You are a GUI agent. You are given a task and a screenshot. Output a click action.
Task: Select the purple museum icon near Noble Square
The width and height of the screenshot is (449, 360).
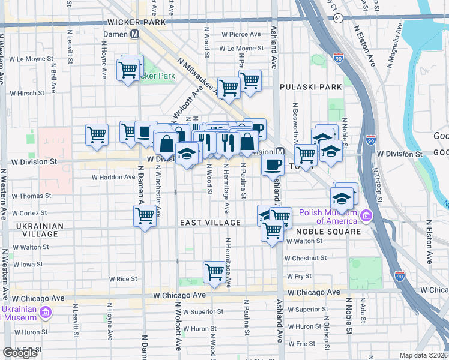point(364,216)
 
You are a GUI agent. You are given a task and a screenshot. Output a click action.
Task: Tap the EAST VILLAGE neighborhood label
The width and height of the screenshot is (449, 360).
point(210,223)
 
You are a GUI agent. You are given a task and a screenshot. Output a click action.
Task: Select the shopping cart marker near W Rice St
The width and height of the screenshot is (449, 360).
point(214,271)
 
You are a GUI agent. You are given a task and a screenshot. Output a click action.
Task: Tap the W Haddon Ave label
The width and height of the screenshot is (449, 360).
point(113,177)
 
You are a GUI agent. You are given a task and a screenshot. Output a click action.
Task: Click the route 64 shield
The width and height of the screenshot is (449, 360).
point(339,19)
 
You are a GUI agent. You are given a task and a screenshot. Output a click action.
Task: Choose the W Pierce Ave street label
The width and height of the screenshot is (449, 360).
point(241,35)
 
